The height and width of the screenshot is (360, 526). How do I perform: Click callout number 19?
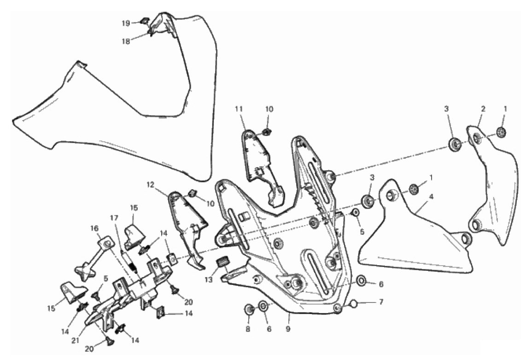tap(125, 23)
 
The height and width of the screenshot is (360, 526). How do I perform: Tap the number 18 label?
tap(125, 41)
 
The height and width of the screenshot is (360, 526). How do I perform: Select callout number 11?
tap(239, 109)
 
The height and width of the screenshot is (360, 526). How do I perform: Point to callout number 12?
tap(150, 184)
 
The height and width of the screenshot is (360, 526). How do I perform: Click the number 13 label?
tap(209, 279)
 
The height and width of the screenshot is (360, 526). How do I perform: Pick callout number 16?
tap(94, 228)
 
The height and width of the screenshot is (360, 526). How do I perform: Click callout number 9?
tap(288, 329)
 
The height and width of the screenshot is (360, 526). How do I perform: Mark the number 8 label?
tap(248, 329)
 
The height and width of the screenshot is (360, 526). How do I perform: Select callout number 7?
tap(381, 302)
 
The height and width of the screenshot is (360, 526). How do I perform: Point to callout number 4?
tap(432, 197)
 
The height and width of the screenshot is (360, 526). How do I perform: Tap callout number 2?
tap(483, 109)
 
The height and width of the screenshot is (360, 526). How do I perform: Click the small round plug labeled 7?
tap(353, 304)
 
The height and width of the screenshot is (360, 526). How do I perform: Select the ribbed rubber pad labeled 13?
tap(221, 261)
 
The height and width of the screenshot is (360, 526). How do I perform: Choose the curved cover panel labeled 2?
tap(493, 188)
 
